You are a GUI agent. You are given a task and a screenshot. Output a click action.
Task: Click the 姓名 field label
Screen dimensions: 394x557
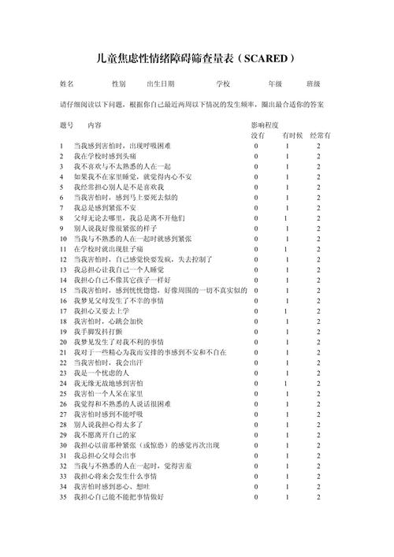[67, 84]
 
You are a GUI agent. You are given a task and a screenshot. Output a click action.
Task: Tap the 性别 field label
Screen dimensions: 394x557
[118, 84]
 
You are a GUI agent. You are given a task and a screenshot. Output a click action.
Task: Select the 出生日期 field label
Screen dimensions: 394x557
[161, 84]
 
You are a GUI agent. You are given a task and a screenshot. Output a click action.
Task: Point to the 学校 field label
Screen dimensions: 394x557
[223, 84]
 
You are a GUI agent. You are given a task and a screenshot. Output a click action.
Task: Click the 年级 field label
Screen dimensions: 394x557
[275, 84]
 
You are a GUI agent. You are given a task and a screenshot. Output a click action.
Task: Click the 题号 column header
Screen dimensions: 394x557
[67, 125]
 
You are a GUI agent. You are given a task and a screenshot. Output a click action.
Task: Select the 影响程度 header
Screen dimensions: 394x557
[265, 125]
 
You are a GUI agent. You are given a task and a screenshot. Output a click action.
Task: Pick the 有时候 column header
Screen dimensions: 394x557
[291, 136]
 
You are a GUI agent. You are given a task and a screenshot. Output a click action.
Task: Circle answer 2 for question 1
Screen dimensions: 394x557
[319, 147]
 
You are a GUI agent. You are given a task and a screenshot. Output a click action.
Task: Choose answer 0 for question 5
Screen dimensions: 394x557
[256, 188]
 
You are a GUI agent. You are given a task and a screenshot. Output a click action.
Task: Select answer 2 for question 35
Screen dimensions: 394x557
[319, 497]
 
